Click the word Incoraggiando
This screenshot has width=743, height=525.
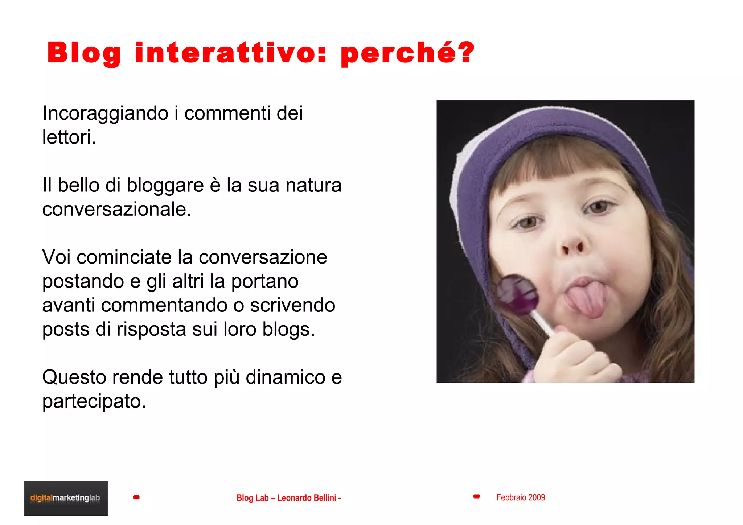tap(105, 113)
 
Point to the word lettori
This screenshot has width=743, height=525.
tap(69, 137)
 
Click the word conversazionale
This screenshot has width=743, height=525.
tap(116, 209)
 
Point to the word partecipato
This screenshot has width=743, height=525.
tap(94, 401)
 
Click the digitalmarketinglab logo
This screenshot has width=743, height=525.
tap(66, 498)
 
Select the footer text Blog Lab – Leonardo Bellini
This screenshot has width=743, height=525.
tap(288, 498)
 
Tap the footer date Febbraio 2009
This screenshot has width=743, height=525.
tap(521, 497)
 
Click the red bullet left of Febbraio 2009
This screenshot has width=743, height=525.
tap(477, 496)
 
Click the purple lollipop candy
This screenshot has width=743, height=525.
tap(517, 295)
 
